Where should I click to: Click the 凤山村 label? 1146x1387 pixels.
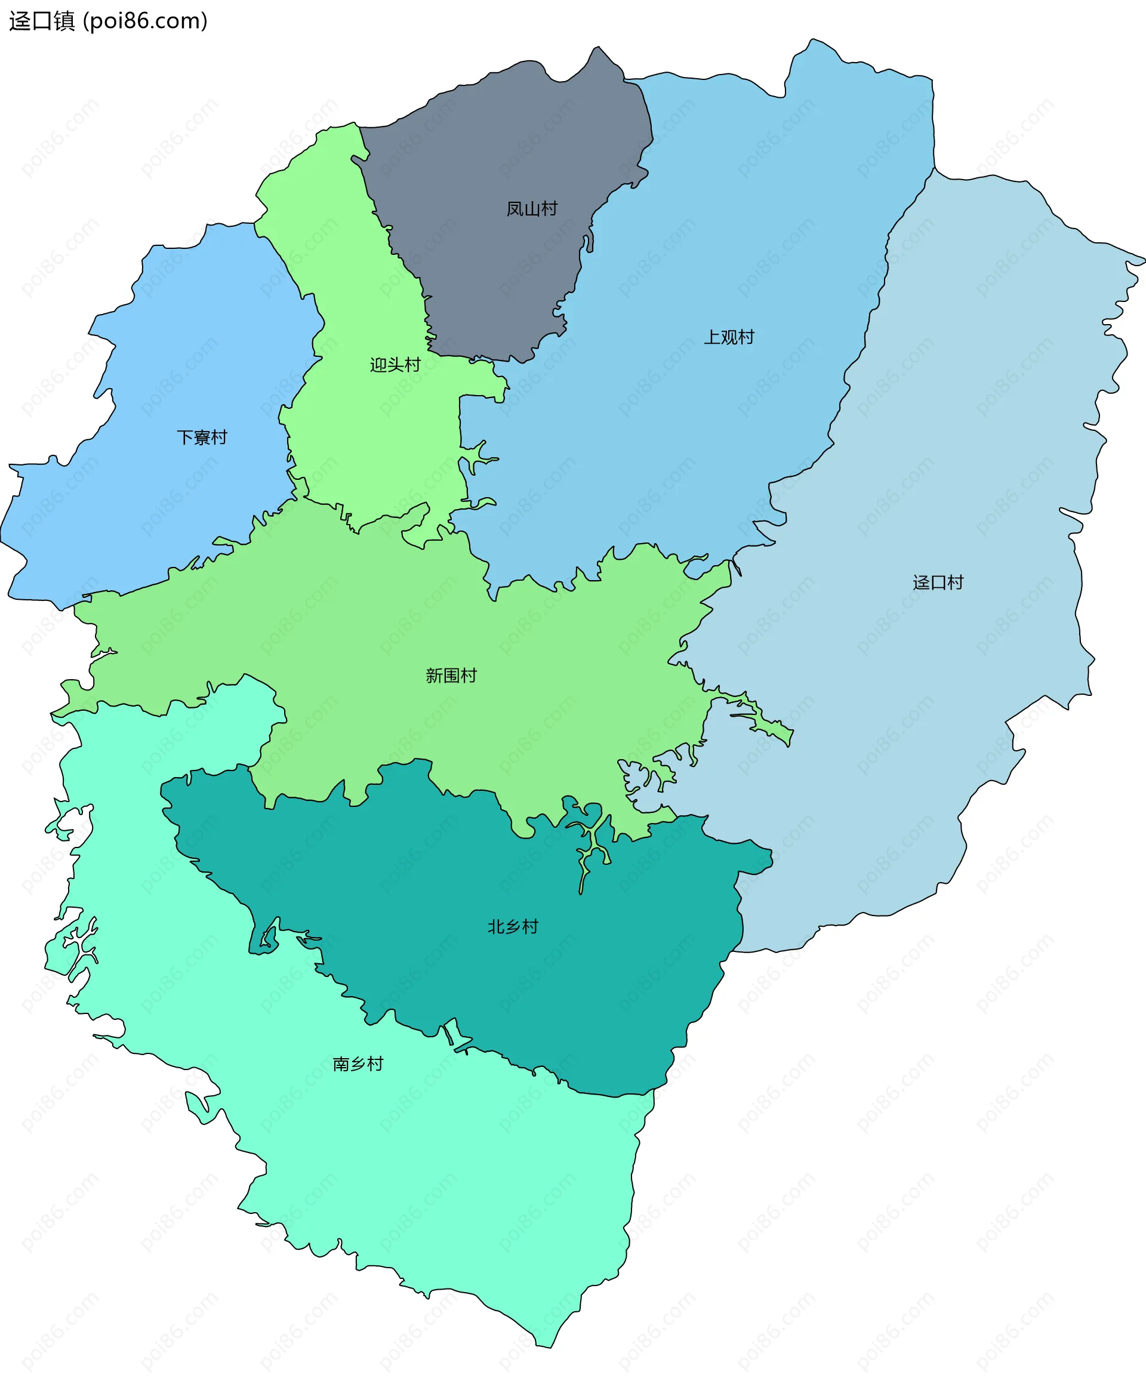531,209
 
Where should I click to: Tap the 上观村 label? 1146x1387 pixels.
729,337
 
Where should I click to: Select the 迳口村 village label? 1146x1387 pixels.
938,582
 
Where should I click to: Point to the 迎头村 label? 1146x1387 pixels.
395,365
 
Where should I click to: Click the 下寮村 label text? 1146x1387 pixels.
201,437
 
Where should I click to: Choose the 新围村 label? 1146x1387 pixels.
451,676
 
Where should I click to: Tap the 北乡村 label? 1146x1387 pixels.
513,927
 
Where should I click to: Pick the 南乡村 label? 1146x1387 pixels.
358,1064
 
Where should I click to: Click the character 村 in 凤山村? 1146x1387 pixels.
549,209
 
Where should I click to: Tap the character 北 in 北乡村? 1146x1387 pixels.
496,927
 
